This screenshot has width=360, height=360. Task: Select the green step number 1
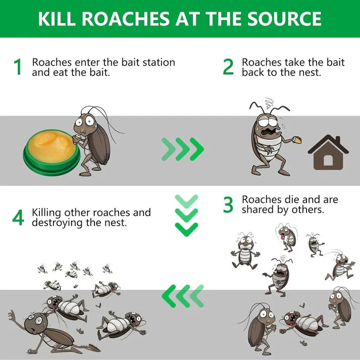pos(18,68)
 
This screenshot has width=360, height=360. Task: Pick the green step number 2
pos(228,68)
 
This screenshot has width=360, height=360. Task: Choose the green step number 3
pos(228,205)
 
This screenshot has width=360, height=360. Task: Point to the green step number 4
pos(18,218)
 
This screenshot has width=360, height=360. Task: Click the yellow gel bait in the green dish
pos(49,146)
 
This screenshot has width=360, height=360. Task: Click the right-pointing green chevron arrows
pos(183,148)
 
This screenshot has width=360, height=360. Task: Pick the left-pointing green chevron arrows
pos(183,295)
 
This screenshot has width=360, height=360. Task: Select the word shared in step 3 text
pos(258,210)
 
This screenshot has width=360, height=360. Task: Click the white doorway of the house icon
pos(328,160)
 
